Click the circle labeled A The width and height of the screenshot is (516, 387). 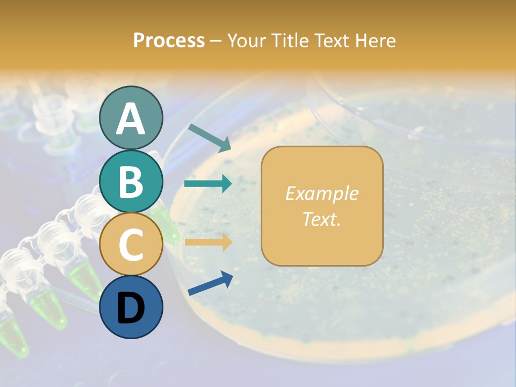click(x=131, y=118)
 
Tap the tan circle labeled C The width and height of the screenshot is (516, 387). click(x=131, y=244)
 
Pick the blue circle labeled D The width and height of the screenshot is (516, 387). click(x=131, y=307)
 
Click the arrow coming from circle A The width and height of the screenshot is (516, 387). click(x=209, y=137)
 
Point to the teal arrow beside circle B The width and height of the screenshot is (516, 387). click(x=208, y=184)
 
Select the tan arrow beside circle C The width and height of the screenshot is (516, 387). click(x=208, y=242)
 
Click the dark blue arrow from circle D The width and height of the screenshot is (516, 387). click(x=210, y=283)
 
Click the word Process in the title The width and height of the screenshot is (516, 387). click(x=169, y=40)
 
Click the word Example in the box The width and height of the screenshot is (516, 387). click(x=321, y=193)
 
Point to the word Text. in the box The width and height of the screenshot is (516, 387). click(x=321, y=219)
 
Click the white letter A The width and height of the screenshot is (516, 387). click(x=131, y=119)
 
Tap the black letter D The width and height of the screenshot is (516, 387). click(x=131, y=307)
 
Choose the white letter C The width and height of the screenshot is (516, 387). click(x=131, y=245)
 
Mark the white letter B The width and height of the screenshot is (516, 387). click(x=131, y=182)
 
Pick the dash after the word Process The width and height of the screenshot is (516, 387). click(x=216, y=41)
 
